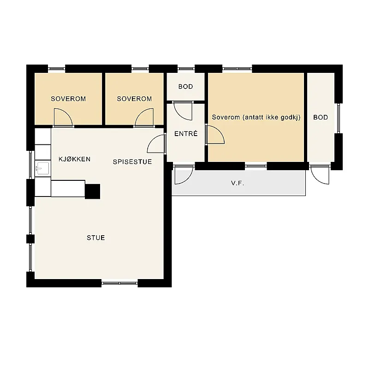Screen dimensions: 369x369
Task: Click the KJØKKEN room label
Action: click(74, 159)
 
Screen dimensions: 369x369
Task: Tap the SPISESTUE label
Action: click(132, 162)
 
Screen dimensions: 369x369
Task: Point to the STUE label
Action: click(96, 238)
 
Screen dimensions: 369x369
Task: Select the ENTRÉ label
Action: click(186, 133)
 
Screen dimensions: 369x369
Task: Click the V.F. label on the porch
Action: click(238, 183)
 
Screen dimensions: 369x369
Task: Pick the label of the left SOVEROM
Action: click(68, 99)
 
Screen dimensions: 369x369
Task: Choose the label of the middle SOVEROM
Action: click(134, 99)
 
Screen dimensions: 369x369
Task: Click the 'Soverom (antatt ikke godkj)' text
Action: click(256, 117)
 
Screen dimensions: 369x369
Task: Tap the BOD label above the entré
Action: click(186, 87)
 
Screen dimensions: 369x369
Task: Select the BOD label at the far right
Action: click(321, 117)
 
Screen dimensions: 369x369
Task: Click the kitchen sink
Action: click(42, 168)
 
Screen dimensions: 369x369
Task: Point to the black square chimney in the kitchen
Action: click(93, 191)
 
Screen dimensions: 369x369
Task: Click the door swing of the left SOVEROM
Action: click(63, 118)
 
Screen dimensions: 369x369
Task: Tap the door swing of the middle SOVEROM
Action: click(144, 118)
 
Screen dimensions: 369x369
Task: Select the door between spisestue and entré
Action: click(156, 144)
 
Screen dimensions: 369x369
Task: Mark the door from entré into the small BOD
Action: click(183, 111)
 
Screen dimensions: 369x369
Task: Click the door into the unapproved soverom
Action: click(215, 135)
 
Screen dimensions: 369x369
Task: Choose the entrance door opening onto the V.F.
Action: click(184, 175)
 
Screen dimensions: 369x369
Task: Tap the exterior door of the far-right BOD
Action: click(320, 175)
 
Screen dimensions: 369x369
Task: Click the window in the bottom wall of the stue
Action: click(119, 283)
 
